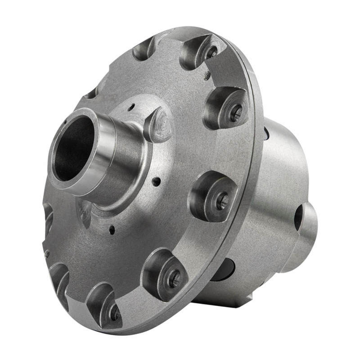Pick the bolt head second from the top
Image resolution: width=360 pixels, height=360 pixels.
tap(235, 112)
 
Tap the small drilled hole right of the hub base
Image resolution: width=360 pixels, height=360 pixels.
tap(156, 182)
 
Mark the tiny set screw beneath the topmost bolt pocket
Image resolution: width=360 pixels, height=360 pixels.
tap(207, 76)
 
